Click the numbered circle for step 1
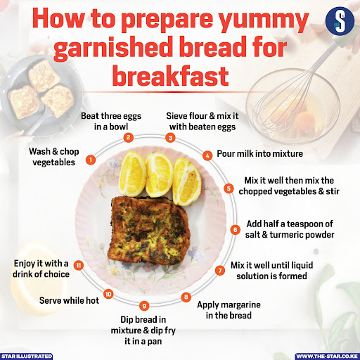point(91,160)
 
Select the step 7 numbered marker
point(219,270)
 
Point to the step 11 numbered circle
point(79,265)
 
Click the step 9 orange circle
point(144,304)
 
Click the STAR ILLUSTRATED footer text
point(27,356)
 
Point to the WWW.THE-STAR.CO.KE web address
point(327,356)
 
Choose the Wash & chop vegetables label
point(54,156)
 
